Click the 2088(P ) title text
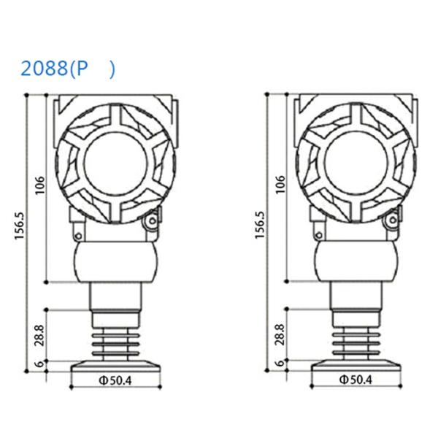pyautogui.click(x=67, y=69)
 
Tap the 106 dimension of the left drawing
pyautogui.click(x=40, y=185)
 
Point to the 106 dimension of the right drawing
pyautogui.click(x=280, y=185)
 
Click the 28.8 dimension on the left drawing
pyautogui.click(x=40, y=334)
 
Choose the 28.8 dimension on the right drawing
pyautogui.click(x=280, y=334)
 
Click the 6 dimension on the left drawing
pyautogui.click(x=40, y=364)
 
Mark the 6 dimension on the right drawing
pyautogui.click(x=280, y=364)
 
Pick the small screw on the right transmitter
pyautogui.click(x=393, y=220)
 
